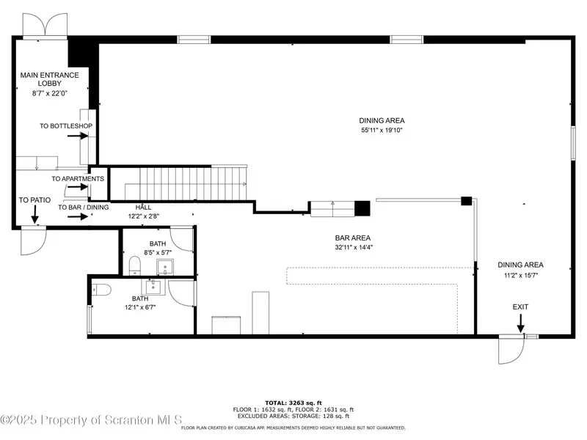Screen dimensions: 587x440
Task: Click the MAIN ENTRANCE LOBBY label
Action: tap(49, 79)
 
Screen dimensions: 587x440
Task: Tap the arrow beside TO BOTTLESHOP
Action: tap(78, 136)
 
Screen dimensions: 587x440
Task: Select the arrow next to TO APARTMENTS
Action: tap(78, 187)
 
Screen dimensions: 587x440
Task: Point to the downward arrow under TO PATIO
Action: tap(34, 214)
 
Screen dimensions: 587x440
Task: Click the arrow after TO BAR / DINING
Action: tap(78, 216)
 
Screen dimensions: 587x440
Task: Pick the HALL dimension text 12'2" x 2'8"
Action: tap(143, 216)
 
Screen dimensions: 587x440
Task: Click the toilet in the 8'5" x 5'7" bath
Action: tap(134, 265)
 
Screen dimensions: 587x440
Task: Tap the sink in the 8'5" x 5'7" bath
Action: tap(164, 267)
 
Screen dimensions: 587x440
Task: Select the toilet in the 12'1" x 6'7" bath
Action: tap(102, 290)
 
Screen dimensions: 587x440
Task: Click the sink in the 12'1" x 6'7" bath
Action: tap(153, 287)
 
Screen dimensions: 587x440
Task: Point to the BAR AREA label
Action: tap(353, 238)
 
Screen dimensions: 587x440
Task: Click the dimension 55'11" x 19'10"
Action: tap(382, 131)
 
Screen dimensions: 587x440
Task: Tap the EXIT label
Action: tap(520, 307)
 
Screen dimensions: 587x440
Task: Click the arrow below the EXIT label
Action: tap(520, 323)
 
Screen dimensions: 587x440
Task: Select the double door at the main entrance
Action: tap(45, 26)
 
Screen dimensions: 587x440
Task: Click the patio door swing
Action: tap(33, 241)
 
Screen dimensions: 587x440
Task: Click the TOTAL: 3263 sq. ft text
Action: tap(293, 403)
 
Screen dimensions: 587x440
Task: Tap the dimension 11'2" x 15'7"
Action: tap(520, 276)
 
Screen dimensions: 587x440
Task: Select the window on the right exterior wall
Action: tap(573, 143)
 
